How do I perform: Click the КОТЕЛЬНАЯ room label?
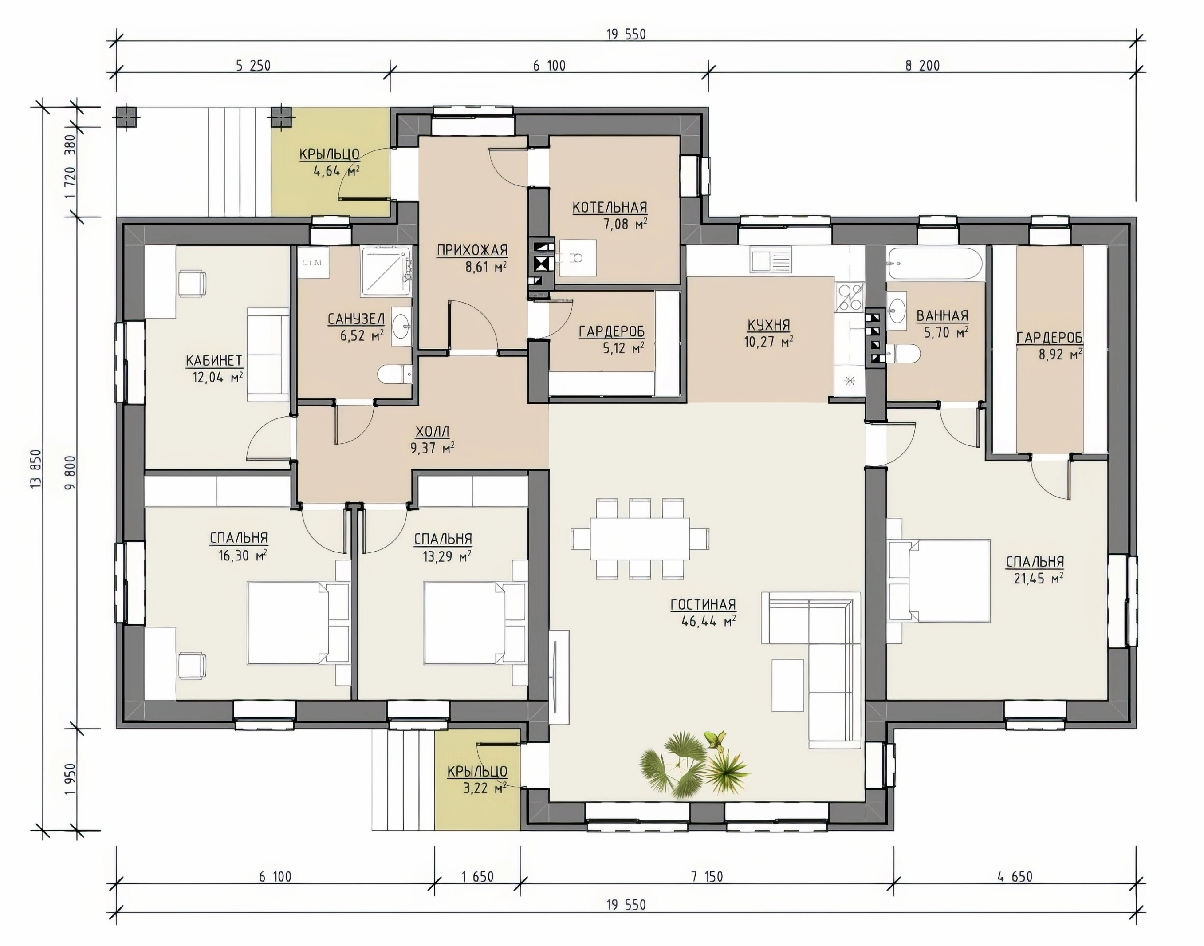click(610, 207)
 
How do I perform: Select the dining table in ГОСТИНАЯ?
click(640, 538)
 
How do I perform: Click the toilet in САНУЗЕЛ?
click(395, 375)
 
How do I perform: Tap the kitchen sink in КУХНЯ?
click(771, 260)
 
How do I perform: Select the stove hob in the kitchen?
click(850, 296)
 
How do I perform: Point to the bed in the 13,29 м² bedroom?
click(475, 623)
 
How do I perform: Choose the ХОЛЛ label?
click(432, 431)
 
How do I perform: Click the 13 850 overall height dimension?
click(36, 468)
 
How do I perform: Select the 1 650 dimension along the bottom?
click(477, 877)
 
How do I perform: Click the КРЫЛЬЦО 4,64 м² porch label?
click(330, 162)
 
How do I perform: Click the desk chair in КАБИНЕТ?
click(192, 283)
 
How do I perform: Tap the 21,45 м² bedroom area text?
click(1035, 578)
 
